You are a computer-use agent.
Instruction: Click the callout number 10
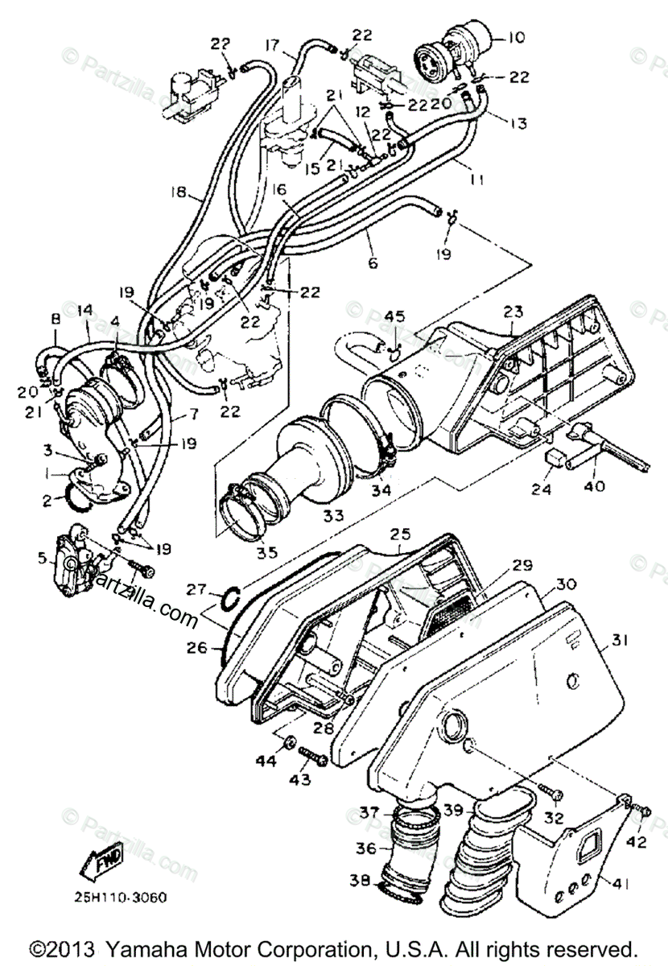click(x=517, y=38)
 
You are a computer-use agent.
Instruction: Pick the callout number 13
click(x=518, y=124)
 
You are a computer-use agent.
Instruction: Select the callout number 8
click(x=56, y=319)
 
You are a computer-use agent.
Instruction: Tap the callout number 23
click(x=513, y=312)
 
